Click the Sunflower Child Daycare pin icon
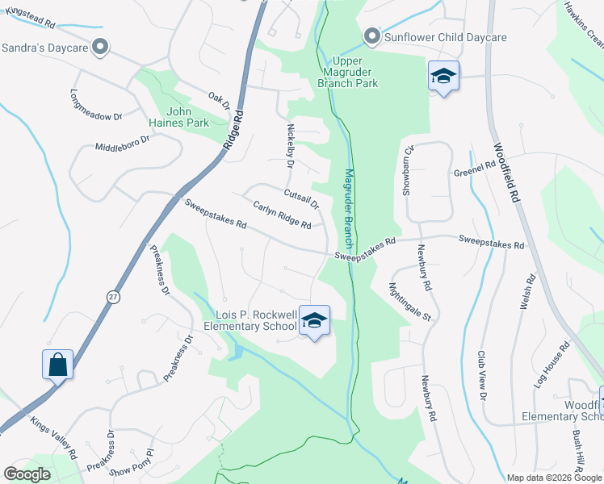(x=372, y=37)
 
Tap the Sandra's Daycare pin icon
(x=100, y=48)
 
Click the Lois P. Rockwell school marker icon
(x=314, y=321)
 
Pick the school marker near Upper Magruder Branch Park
(x=443, y=77)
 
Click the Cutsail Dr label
(x=301, y=198)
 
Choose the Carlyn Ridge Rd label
(x=282, y=216)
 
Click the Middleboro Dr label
(x=123, y=144)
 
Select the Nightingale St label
(x=409, y=301)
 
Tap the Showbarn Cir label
(x=408, y=171)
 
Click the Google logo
(x=27, y=474)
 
